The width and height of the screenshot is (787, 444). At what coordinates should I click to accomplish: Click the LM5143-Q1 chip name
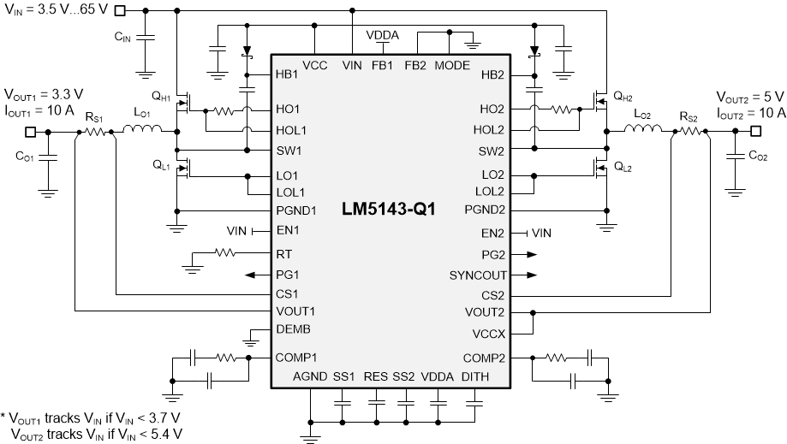[x=390, y=209]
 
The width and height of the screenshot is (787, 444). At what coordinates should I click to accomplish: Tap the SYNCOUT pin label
[x=478, y=275]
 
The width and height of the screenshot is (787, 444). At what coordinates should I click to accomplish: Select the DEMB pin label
[x=294, y=329]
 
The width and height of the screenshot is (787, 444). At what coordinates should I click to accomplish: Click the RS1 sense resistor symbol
[x=93, y=132]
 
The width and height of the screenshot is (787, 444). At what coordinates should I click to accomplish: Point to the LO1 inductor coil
[x=142, y=130]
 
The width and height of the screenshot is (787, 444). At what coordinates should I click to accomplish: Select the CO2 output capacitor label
[x=759, y=156]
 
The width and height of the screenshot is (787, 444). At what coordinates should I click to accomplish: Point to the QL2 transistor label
[x=623, y=168]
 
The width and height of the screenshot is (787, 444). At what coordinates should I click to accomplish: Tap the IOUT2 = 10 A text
[x=750, y=113]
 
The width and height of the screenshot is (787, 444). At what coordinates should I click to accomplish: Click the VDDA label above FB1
[x=381, y=36]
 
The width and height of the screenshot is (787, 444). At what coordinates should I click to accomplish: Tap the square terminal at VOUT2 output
[x=756, y=131]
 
